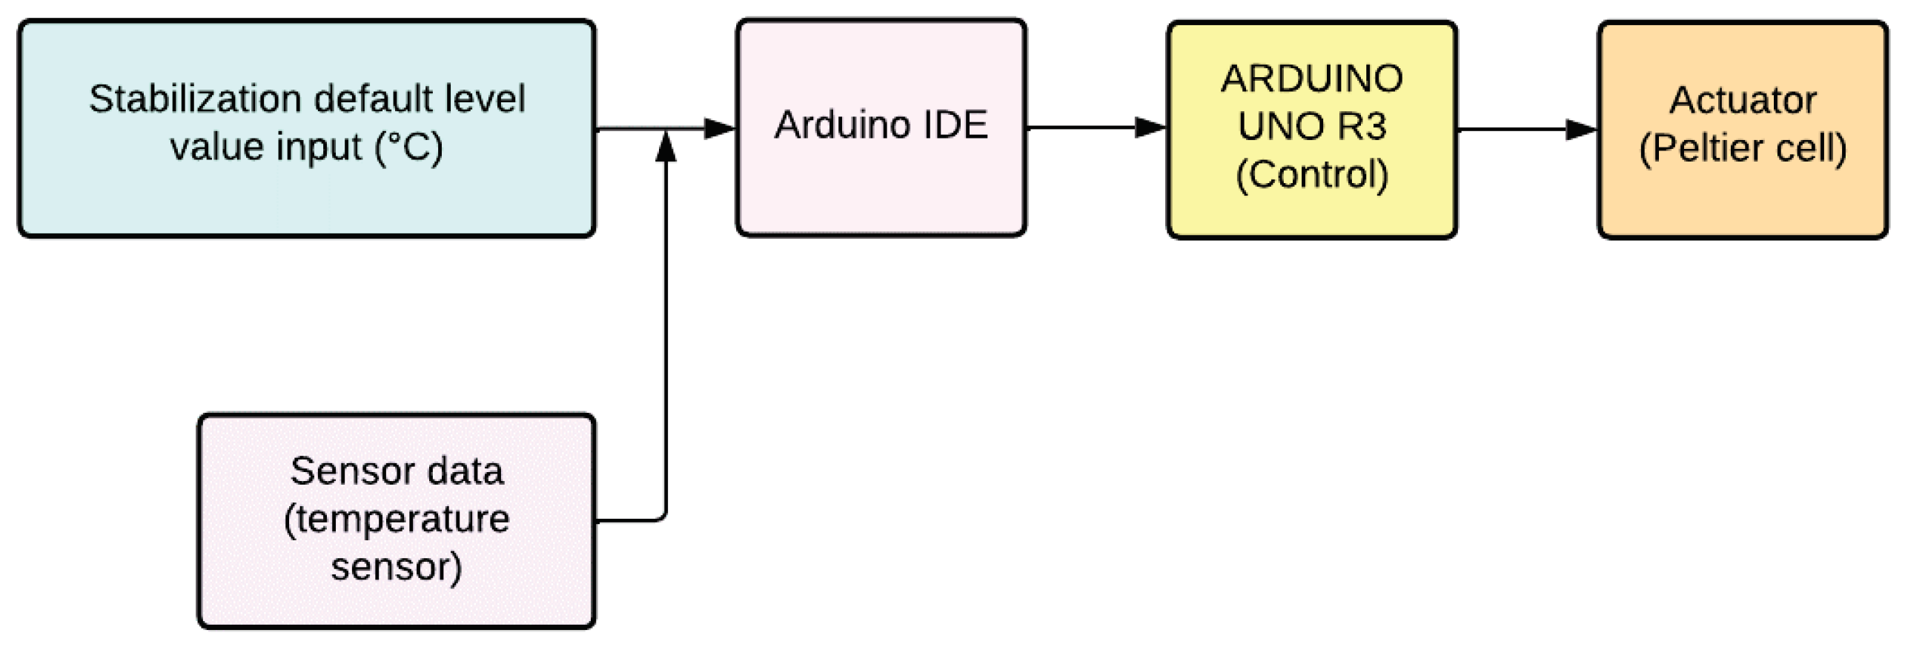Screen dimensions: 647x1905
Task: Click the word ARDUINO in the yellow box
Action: point(1311,79)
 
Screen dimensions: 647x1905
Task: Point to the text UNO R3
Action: point(1311,126)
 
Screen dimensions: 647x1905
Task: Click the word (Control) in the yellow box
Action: point(1311,175)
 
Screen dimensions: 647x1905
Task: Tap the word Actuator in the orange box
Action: point(1743,100)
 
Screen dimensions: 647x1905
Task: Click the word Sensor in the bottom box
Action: point(339,471)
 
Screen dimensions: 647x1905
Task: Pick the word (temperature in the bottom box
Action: point(397,519)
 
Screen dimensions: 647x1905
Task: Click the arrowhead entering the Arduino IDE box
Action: point(718,129)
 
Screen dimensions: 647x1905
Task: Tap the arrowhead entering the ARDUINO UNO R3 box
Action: point(1149,127)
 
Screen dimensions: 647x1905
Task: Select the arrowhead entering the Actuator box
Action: point(1580,130)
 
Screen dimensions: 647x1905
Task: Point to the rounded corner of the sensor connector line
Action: point(662,516)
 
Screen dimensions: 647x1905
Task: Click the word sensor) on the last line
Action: point(397,567)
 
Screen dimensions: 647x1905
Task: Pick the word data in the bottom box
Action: point(465,471)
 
